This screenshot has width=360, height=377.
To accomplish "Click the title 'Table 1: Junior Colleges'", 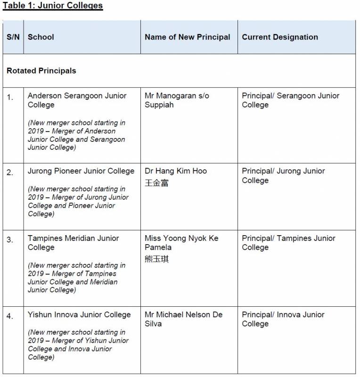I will pos(53,6).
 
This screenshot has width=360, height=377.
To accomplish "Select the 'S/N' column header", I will pos(13,37).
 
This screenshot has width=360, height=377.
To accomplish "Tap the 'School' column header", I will pos(41,37).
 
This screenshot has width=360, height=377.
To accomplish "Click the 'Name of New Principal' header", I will pos(187,37).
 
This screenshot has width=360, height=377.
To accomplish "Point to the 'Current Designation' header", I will pos(280,37).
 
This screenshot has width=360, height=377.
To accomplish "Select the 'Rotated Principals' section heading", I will pos(41,71).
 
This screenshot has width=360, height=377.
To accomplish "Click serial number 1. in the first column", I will pos(10,98).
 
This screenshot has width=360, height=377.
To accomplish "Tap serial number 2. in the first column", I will pos(10,173).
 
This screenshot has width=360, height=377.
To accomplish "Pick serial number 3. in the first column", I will pos(10,240).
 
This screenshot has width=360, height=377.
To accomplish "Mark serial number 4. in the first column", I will pos(10,316).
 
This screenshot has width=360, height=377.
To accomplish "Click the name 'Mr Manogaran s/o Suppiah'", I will pos(177,100).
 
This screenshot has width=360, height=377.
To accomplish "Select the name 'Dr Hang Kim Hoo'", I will pos(176,171).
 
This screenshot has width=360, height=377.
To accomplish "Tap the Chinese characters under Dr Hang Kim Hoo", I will pos(156,183).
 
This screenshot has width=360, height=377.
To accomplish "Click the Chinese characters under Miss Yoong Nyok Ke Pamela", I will pos(156,259).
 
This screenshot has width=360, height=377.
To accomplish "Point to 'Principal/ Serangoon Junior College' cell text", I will pos(290,100).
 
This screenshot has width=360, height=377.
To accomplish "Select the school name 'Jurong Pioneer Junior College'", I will pos(81,171).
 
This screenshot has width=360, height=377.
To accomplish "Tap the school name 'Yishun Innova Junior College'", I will pos(79,315).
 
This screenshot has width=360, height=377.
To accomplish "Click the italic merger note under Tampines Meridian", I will pos(76,278).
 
